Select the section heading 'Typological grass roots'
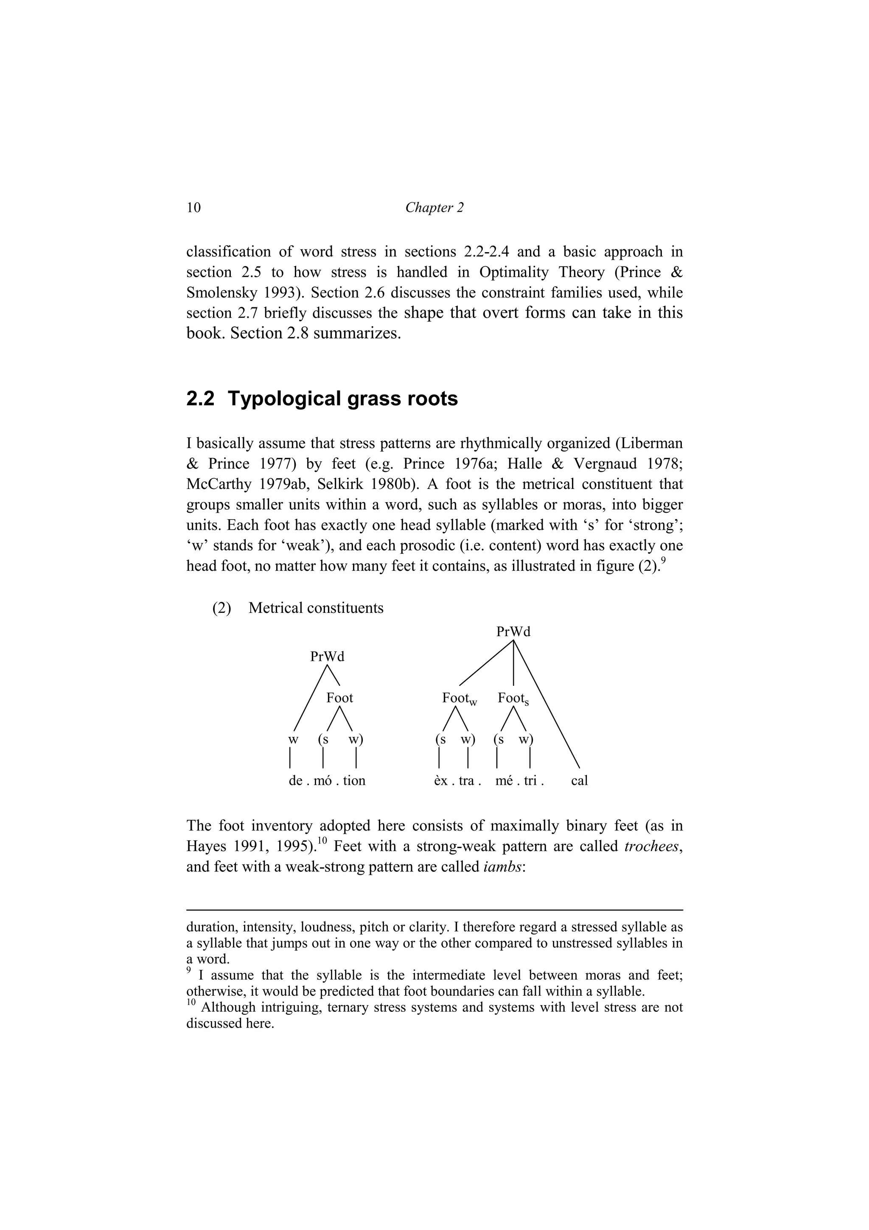[x=343, y=399]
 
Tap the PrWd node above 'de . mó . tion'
[x=327, y=656]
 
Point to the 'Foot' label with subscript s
[x=513, y=698]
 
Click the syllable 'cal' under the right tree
[x=579, y=781]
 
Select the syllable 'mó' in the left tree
[x=323, y=781]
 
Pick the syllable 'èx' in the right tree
[x=441, y=781]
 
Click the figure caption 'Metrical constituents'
[x=316, y=608]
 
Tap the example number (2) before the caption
[x=221, y=608]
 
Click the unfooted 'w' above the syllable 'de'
[x=293, y=739]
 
